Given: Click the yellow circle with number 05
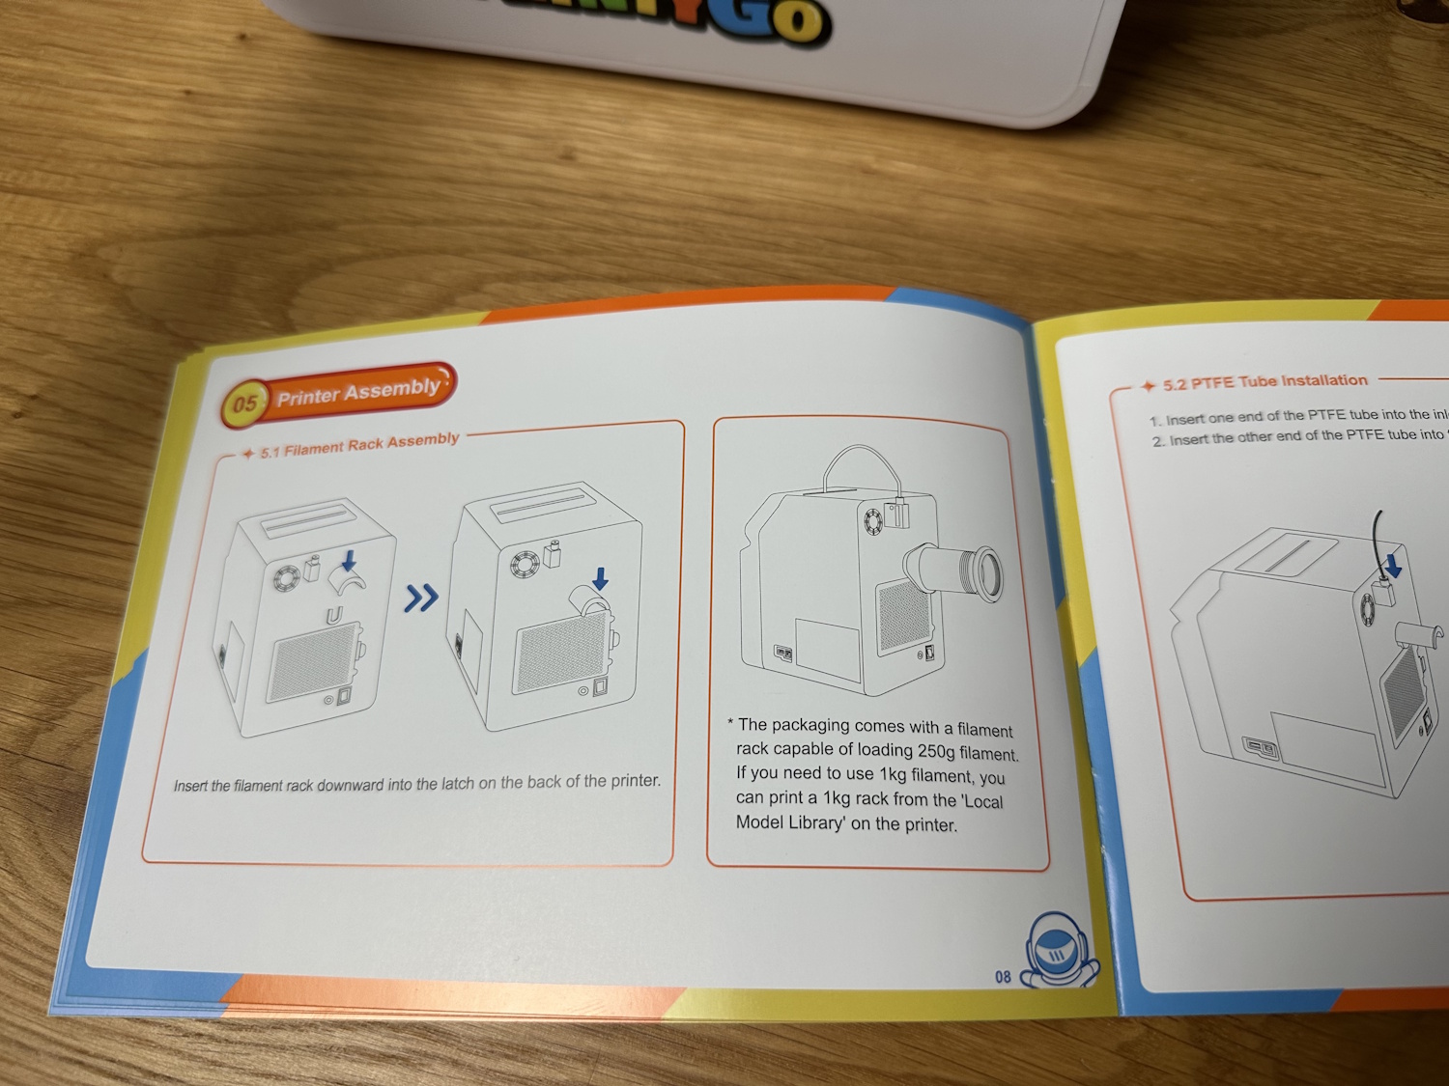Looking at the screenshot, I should click(x=244, y=403).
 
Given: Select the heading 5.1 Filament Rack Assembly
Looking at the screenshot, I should click(x=359, y=445).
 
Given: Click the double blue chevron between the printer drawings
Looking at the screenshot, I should click(x=420, y=598).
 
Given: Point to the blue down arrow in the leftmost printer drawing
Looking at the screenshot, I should click(x=349, y=560).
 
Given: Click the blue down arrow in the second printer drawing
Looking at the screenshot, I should click(x=600, y=578).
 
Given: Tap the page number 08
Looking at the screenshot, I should click(x=1003, y=977).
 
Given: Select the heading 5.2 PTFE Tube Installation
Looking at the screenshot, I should click(x=1264, y=382).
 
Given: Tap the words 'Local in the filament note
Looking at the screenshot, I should click(x=982, y=801).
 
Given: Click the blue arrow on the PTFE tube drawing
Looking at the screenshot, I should click(x=1393, y=564).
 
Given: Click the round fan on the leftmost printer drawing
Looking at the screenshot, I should click(x=286, y=578).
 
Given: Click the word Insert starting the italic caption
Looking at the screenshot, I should click(x=190, y=786).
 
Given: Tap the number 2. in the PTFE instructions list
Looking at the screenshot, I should click(x=1158, y=441).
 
